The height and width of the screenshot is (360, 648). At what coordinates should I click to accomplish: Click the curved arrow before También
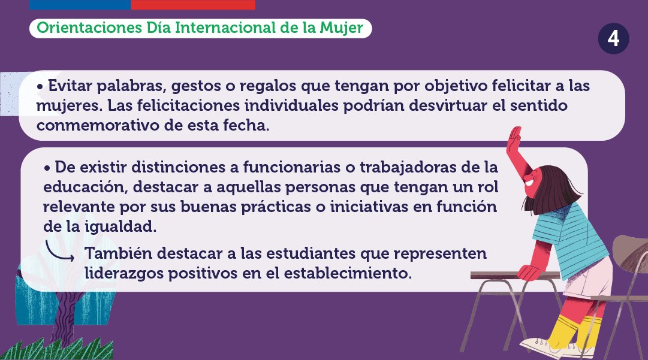click(61, 251)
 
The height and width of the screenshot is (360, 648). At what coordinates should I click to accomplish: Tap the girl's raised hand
click(514, 141)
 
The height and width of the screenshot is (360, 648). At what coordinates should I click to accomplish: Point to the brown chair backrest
click(629, 252)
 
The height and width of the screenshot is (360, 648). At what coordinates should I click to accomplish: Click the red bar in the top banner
click(192, 4)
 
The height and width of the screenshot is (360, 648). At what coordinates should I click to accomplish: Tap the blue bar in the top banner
click(80, 4)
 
